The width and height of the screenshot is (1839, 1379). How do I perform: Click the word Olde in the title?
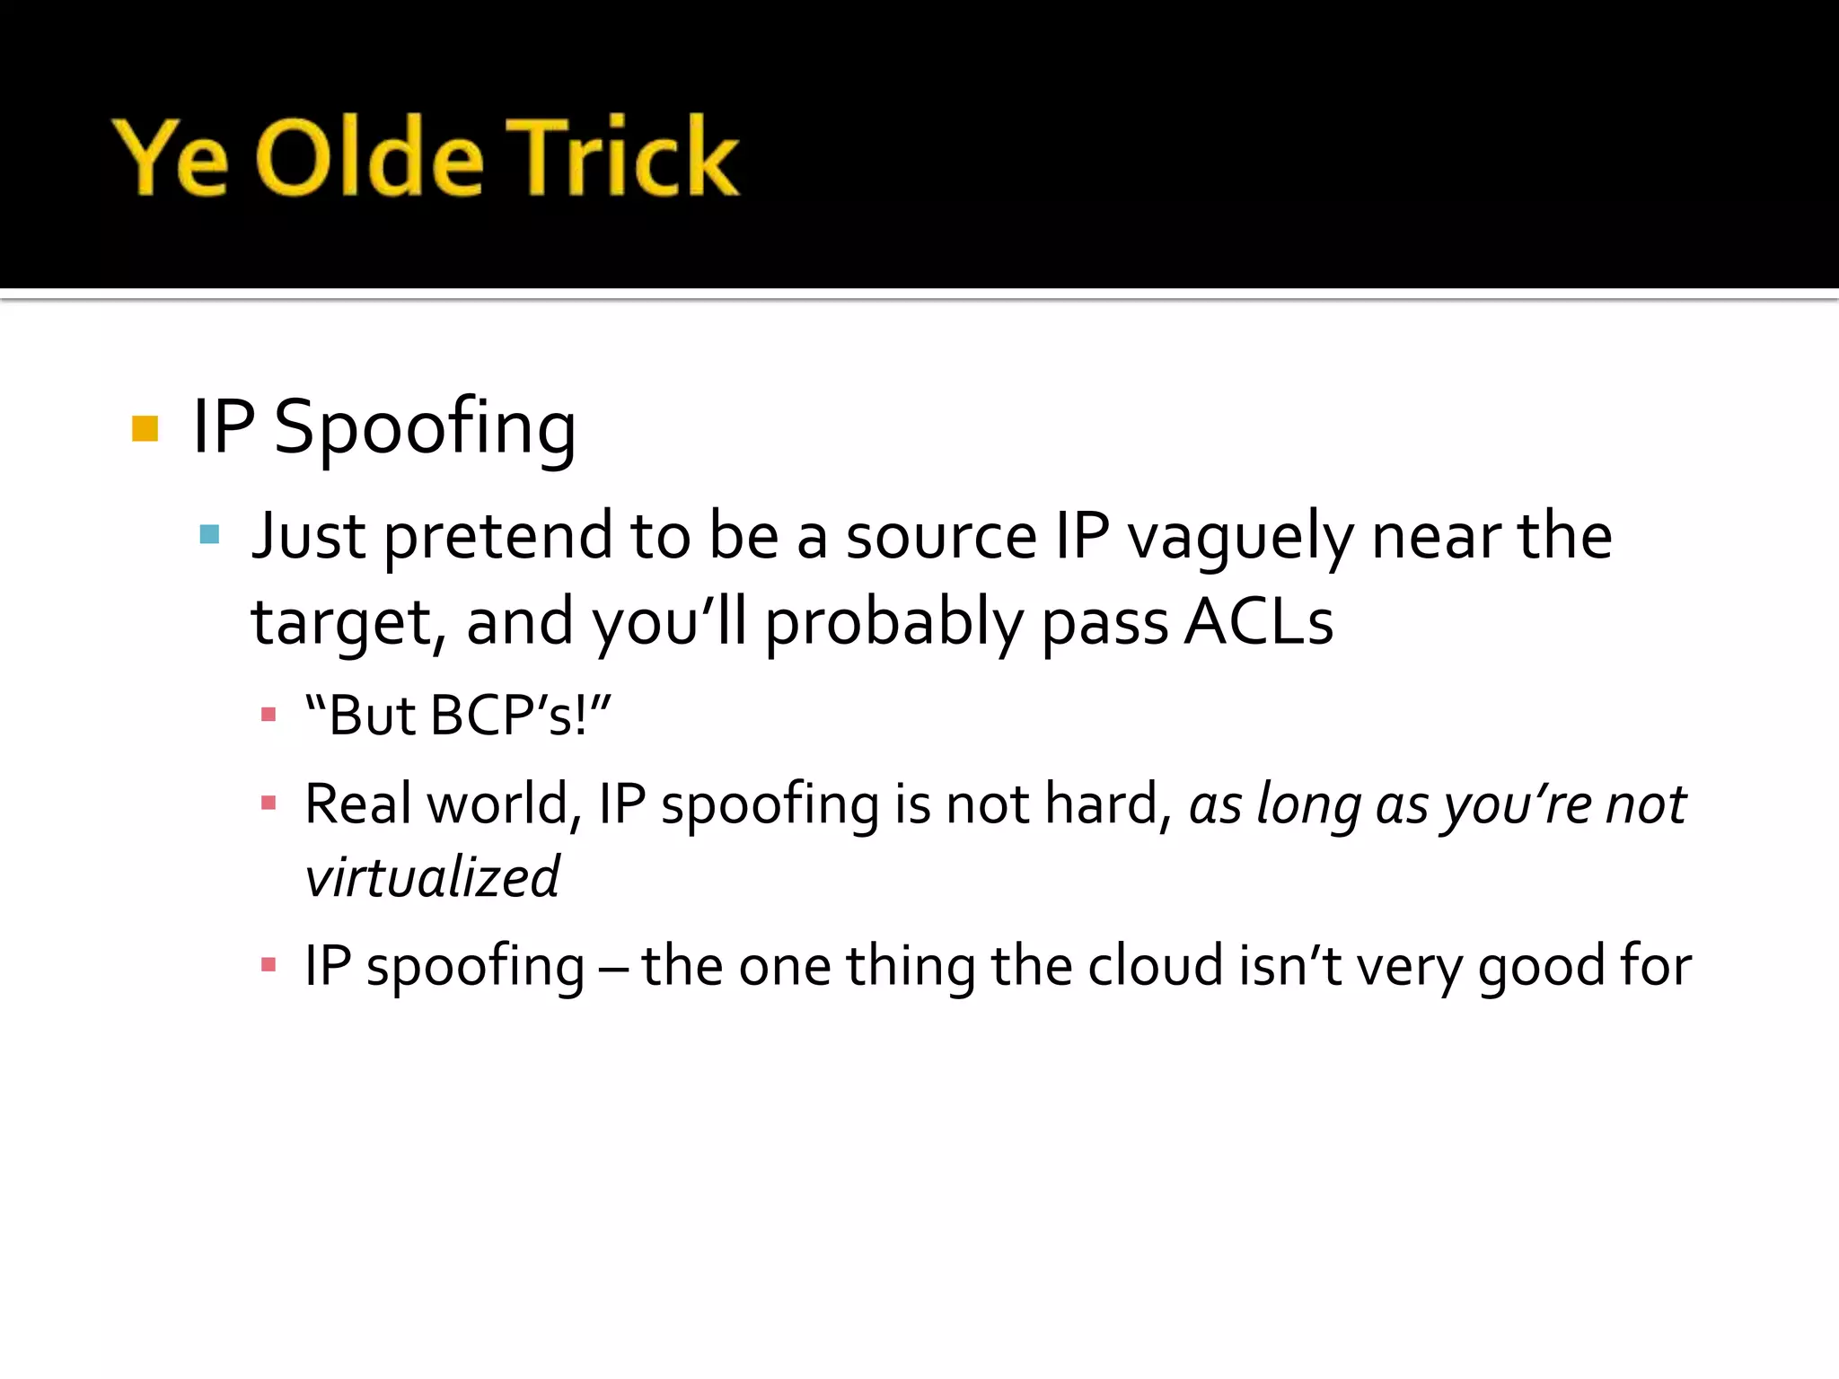pos(370,158)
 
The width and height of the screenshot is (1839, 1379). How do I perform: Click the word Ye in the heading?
pos(171,160)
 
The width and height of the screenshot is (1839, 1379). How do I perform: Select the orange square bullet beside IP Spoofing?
pos(145,428)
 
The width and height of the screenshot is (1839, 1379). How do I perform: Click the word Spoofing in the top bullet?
pos(425,428)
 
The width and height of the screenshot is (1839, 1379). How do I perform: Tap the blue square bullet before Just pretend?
pos(209,535)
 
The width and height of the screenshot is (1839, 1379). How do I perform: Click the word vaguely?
pos(1240,537)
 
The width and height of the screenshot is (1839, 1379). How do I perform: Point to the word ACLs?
pos(1258,621)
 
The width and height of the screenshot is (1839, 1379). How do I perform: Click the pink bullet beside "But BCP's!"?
pos(268,716)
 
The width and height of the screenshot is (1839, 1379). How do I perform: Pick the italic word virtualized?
pos(432,877)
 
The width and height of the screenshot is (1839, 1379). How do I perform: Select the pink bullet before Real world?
pos(268,803)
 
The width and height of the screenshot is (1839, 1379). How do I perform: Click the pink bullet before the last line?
pos(268,966)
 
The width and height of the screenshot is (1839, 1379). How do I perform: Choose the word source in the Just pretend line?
pos(941,537)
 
